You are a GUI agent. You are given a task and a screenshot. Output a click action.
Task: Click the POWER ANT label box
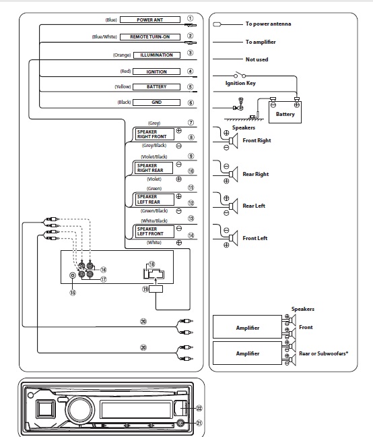click(x=150, y=20)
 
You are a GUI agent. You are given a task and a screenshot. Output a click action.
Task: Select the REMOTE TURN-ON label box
click(x=150, y=37)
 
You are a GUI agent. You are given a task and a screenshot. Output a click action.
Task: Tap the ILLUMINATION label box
click(x=157, y=55)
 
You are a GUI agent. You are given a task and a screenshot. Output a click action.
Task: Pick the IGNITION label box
click(x=156, y=71)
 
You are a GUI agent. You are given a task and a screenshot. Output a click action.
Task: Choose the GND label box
click(x=156, y=103)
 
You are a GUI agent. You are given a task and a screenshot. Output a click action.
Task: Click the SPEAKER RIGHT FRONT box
click(x=155, y=134)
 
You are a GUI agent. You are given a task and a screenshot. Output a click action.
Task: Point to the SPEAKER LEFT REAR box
click(x=155, y=199)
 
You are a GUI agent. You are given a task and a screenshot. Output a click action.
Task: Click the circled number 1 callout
click(x=191, y=18)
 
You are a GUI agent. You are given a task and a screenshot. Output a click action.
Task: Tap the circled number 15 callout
click(x=73, y=293)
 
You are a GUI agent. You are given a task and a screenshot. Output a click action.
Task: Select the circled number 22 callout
click(x=199, y=408)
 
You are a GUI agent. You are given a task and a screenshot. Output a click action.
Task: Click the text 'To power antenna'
click(x=268, y=24)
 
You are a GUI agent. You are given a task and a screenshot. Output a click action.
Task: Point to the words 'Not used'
click(x=257, y=59)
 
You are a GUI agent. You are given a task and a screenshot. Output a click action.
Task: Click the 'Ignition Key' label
click(x=240, y=83)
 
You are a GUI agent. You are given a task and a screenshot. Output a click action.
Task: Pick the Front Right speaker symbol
click(x=234, y=141)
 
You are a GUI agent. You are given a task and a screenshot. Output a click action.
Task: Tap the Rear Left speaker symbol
click(x=234, y=206)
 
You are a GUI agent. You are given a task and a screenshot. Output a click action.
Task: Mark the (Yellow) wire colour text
click(x=123, y=87)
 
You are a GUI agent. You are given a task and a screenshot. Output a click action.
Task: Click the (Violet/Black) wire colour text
click(x=154, y=156)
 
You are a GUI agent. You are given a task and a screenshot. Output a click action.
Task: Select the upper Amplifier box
click(x=247, y=326)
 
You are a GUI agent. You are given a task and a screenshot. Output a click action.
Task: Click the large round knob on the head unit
click(x=80, y=409)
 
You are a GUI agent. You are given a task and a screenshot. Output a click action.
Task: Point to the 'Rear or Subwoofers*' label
click(x=323, y=353)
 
